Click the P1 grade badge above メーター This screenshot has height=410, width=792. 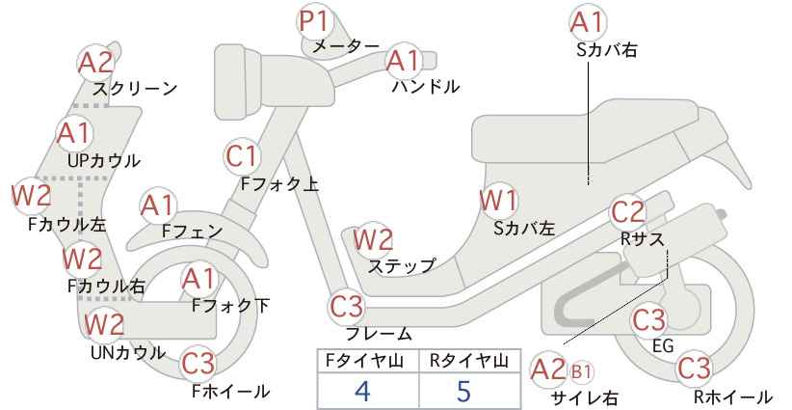click(314, 22)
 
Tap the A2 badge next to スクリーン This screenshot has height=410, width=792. click(95, 62)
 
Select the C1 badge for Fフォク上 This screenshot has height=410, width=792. click(242, 156)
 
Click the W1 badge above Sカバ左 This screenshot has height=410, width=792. click(498, 201)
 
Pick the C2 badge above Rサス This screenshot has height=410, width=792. click(628, 212)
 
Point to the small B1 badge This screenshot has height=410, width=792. click(581, 372)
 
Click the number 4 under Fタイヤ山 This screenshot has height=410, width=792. click(363, 391)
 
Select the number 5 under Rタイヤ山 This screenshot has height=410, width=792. click(463, 391)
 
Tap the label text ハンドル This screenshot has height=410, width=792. click(426, 87)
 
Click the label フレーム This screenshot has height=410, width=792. click(379, 334)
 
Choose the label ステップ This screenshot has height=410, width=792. click(402, 266)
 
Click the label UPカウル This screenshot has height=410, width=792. click(103, 161)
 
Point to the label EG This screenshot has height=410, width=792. click(663, 345)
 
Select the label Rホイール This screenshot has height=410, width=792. click(733, 396)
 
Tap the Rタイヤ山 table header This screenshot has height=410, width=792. click(469, 361)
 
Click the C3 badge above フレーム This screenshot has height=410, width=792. click(347, 307)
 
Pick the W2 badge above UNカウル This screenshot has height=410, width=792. click(103, 324)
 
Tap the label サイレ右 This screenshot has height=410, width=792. click(585, 397)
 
